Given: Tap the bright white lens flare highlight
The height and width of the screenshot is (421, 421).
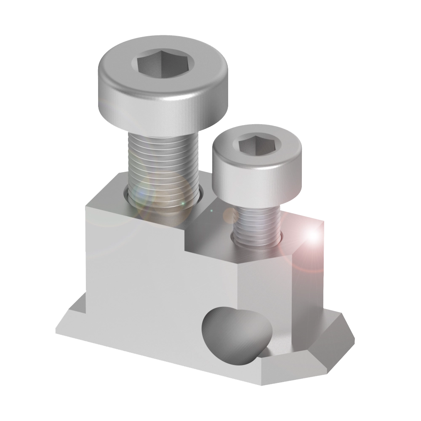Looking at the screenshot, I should click(313, 236).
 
